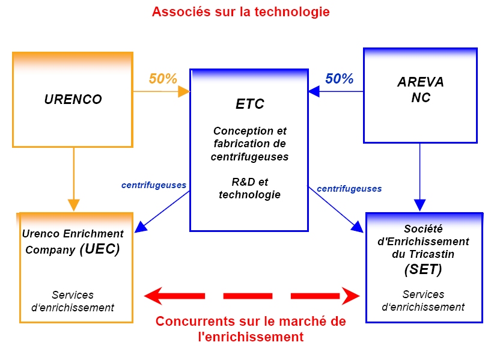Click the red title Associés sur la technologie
coord(241,12)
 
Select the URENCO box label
coord(73,99)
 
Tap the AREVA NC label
coord(421,90)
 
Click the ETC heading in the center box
coord(249,104)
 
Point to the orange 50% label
coord(163,79)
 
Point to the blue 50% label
coord(339,79)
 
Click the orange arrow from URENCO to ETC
coord(162,91)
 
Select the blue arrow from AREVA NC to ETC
coord(336,91)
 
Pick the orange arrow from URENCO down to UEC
coord(73,179)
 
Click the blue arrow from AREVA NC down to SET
coord(420,177)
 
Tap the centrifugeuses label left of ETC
coord(154,185)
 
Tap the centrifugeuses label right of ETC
coord(349,189)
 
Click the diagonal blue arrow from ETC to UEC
coord(162,212)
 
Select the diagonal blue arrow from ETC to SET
coord(336,209)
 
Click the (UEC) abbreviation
coord(100,249)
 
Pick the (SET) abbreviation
coord(423,269)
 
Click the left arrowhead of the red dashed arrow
coord(153,296)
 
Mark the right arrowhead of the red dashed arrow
coord(351,296)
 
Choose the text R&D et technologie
coord(249,188)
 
